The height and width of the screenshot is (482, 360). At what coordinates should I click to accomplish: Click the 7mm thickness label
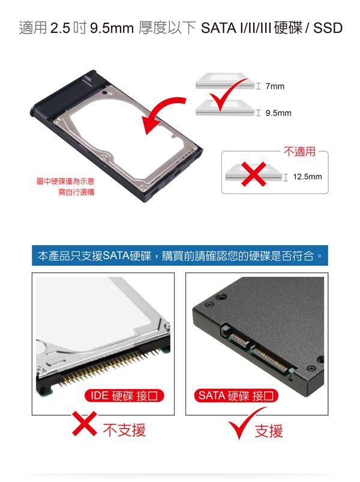point(275,86)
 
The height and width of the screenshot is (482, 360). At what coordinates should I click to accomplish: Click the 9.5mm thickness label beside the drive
point(278,113)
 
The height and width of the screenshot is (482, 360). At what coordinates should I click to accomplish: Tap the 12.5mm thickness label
point(307,176)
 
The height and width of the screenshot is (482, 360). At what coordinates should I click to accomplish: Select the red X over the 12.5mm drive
point(254,174)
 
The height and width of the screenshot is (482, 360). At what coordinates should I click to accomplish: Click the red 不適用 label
point(299,151)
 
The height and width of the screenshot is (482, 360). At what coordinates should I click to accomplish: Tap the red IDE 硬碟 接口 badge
point(124,396)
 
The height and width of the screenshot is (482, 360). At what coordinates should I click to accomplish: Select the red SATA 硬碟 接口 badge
point(236,396)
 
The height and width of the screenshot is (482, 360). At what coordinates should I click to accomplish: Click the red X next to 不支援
point(85,424)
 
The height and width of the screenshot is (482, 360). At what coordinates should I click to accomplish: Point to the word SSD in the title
point(328,28)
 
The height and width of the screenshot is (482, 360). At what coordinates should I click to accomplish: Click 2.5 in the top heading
point(60,28)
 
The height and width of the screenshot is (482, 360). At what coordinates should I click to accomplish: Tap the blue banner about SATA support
point(180,256)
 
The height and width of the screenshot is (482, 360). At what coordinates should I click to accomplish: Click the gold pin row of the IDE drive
point(110,366)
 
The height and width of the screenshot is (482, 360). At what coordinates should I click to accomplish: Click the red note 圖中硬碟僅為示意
point(65,181)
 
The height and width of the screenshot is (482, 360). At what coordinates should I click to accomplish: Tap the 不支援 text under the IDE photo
point(124,430)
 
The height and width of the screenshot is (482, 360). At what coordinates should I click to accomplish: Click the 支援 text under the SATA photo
point(269,430)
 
